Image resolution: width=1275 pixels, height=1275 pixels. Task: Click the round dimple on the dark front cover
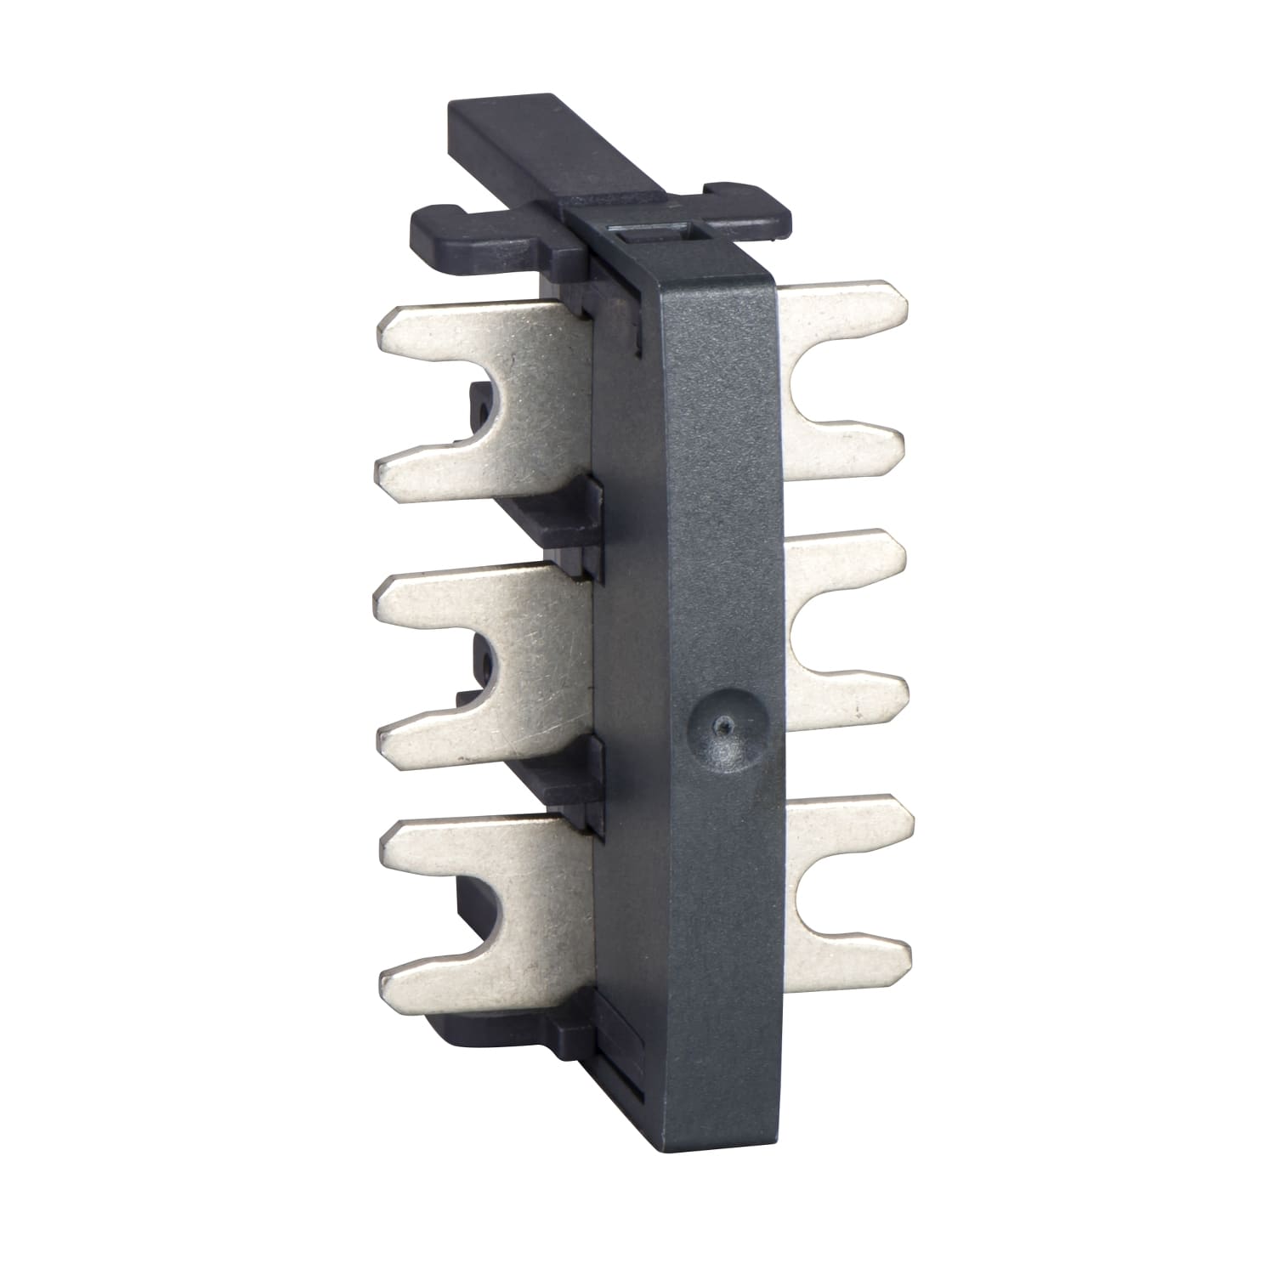point(722,722)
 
